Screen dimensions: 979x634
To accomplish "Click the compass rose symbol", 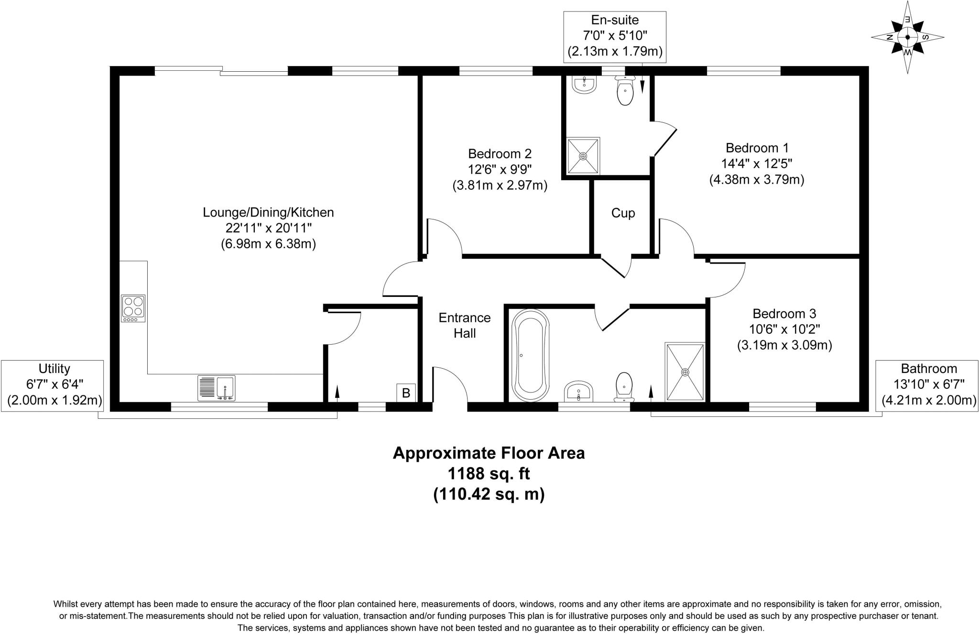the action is pos(907,37).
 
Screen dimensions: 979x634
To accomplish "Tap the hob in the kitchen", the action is pos(133,308).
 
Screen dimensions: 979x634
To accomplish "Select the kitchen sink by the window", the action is pos(217,388).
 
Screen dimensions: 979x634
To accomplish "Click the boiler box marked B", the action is pos(406,393).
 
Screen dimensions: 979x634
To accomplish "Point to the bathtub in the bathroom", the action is pos(530,355).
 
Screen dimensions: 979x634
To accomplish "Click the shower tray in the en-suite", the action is pos(583,156).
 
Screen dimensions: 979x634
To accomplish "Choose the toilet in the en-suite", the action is pos(625,91).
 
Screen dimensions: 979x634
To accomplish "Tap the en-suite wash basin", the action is pos(584,84).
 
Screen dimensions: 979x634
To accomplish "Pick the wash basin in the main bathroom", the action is pos(579,392).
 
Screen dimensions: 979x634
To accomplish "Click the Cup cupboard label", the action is pos(623,213).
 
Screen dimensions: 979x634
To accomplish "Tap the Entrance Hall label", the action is pos(465,325).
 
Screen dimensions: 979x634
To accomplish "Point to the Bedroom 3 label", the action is pos(784,314).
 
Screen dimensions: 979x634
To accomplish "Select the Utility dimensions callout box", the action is pos(52,385).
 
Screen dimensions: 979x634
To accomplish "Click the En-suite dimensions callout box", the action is pos(615,36).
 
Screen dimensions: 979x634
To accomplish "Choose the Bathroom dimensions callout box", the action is pos(929,385).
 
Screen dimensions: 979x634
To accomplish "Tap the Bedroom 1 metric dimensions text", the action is pos(757,180).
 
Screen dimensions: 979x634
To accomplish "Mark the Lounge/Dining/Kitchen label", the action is pos(268,212).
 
